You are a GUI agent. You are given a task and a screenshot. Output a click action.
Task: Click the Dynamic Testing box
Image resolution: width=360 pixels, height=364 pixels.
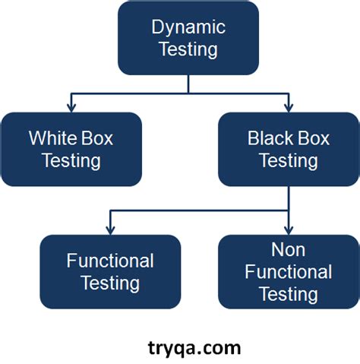click(188, 38)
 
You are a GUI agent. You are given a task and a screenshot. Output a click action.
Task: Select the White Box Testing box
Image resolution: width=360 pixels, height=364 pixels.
click(71, 149)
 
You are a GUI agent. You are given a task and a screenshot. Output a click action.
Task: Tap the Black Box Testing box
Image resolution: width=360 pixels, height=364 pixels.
click(289, 149)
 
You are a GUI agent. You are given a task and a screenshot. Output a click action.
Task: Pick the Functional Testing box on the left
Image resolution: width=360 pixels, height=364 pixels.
click(110, 271)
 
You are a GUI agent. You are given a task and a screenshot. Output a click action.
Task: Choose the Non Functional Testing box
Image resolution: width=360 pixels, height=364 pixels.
click(289, 271)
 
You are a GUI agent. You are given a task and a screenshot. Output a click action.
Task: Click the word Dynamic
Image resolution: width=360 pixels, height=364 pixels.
click(188, 28)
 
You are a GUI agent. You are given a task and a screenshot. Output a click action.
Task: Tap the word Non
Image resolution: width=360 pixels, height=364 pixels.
click(289, 250)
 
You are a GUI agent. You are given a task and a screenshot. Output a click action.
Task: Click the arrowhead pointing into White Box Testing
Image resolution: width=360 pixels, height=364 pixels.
click(71, 106)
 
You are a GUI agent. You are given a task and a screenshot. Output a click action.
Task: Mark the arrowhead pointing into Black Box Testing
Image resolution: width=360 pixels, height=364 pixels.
click(289, 106)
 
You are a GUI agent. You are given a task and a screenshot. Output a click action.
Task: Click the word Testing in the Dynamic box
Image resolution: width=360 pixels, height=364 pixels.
click(188, 50)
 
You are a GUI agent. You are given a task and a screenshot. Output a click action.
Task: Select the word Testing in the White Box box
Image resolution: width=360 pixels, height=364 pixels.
click(71, 160)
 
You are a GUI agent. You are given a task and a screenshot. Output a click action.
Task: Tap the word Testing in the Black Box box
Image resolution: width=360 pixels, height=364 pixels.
click(289, 160)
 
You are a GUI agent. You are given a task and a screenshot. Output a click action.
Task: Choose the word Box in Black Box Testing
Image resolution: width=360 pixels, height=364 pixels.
click(314, 138)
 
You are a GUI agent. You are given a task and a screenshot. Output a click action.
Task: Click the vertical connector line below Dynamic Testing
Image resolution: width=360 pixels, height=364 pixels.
click(188, 84)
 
